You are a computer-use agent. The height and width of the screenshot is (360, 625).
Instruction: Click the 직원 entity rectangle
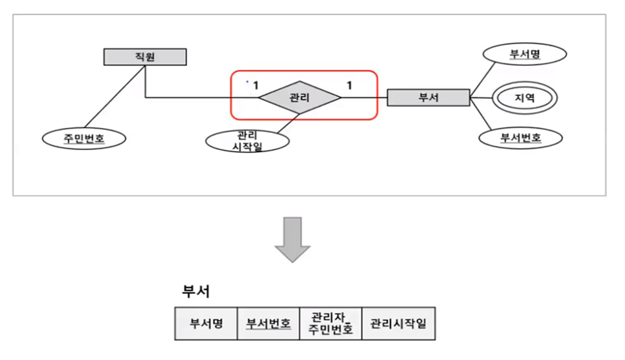[x=145, y=57]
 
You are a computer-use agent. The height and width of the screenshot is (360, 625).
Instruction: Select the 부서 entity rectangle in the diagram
[x=428, y=98]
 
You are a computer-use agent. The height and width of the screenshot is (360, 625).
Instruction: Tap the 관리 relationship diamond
[x=300, y=98]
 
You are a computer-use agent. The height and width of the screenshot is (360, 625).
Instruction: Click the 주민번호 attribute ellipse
[x=84, y=138]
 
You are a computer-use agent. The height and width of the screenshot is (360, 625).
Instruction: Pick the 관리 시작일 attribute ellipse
[x=247, y=141]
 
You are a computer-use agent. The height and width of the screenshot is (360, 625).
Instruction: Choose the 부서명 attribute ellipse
[x=524, y=55]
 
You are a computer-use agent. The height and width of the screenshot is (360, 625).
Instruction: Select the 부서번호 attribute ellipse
[x=520, y=138]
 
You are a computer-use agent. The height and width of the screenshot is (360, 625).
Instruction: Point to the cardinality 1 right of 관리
[x=349, y=85]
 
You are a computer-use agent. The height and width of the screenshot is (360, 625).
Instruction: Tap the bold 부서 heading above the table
[x=195, y=292]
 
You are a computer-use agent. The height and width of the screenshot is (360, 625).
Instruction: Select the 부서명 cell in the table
[x=206, y=324]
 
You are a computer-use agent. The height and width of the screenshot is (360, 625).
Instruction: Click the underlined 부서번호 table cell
[x=268, y=324]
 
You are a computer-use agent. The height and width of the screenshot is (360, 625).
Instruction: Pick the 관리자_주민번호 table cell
[x=330, y=324]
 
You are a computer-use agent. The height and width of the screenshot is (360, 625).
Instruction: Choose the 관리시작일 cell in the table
[x=398, y=324]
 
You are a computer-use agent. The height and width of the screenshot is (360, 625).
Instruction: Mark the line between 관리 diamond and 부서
[x=364, y=98]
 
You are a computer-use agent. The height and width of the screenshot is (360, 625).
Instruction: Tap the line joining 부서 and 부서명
[x=483, y=79]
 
